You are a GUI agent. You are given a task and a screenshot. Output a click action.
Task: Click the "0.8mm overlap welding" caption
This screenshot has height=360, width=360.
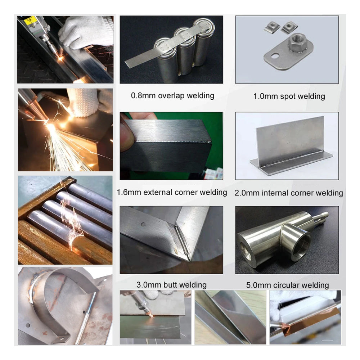tap(172, 96)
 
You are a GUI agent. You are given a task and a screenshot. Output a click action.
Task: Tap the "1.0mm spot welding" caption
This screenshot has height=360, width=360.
tap(289, 96)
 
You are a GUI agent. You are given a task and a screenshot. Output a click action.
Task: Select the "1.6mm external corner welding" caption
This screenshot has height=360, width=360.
tap(172, 192)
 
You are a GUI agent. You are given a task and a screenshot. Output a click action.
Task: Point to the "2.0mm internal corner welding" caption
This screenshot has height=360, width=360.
tap(289, 193)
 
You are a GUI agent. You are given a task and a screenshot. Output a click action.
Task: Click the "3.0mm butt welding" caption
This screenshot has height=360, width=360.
tap(171, 285)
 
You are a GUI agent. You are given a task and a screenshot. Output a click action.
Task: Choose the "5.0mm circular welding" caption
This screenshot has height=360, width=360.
tap(287, 285)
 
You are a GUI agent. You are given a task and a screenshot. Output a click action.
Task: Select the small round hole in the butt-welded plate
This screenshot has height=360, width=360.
tap(144, 224)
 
